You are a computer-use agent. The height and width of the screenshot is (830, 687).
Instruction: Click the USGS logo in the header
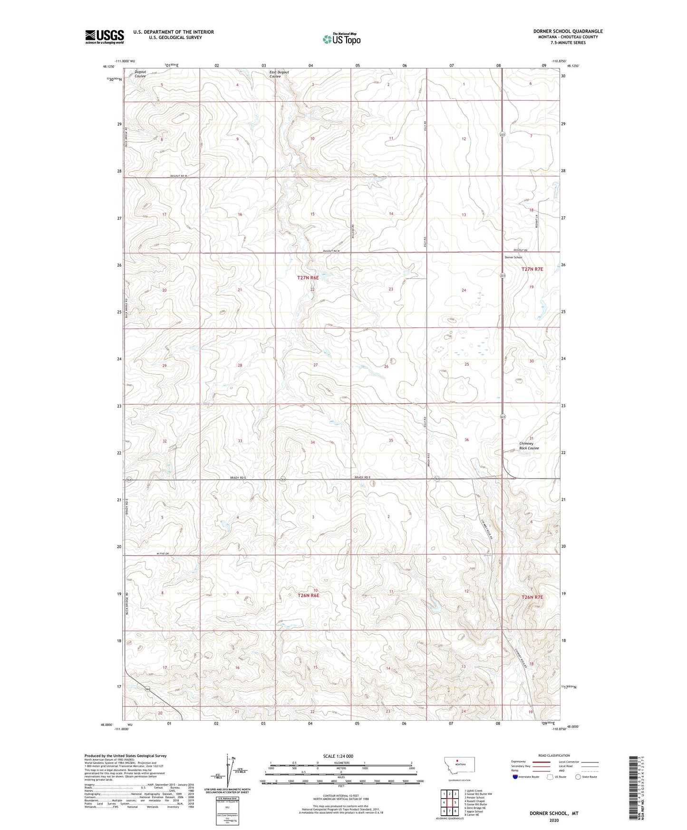click(104, 37)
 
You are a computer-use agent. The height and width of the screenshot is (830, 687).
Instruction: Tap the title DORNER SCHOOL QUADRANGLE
click(568, 31)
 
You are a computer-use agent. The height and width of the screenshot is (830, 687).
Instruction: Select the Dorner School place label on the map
click(513, 257)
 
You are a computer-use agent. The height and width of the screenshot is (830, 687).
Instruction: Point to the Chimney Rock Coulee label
click(529, 445)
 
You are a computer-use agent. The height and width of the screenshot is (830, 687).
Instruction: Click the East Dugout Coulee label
click(279, 74)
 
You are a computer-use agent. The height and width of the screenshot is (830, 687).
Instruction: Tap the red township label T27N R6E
click(308, 278)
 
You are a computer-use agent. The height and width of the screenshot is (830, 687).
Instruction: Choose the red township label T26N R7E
click(532, 597)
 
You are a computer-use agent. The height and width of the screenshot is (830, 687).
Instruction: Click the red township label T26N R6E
click(308, 595)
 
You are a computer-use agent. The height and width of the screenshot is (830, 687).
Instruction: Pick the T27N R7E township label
click(532, 269)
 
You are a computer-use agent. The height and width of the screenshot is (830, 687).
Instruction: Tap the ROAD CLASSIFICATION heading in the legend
click(554, 755)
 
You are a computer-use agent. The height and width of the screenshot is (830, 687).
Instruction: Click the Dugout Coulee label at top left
click(140, 74)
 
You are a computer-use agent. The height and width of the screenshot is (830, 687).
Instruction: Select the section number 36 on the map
click(466, 440)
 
